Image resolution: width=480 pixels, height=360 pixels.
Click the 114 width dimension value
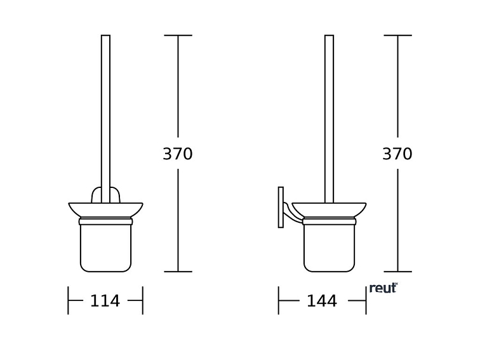pyautogui.click(x=105, y=301)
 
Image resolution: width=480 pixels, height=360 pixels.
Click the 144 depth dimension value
pyautogui.click(x=322, y=301)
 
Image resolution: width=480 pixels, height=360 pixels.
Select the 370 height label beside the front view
pyautogui.click(x=178, y=154)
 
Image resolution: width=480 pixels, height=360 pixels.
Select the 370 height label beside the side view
pyautogui.click(x=397, y=154)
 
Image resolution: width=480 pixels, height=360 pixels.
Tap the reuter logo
pyautogui.click(x=383, y=288)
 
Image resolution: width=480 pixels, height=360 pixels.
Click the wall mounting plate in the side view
pyautogui.click(x=281, y=207)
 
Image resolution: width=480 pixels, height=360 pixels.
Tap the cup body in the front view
pyautogui.click(x=105, y=248)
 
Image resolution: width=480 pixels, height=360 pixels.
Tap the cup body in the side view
pyautogui.click(x=329, y=248)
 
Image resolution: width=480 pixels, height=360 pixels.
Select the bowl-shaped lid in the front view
pyautogui.click(x=105, y=210)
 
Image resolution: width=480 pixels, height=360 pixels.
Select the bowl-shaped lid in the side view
pyautogui.click(x=329, y=210)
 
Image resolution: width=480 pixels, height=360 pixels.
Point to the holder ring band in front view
pyautogui.click(x=105, y=222)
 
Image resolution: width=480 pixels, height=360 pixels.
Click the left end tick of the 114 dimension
pyautogui.click(x=68, y=300)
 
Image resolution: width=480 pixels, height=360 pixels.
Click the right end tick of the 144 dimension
pyautogui.click(x=366, y=300)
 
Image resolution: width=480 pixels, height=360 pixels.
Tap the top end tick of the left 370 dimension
pyautogui.click(x=178, y=36)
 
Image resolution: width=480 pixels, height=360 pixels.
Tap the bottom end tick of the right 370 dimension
pyautogui.click(x=397, y=272)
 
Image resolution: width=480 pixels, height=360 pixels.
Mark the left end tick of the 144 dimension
pyautogui.click(x=278, y=300)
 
